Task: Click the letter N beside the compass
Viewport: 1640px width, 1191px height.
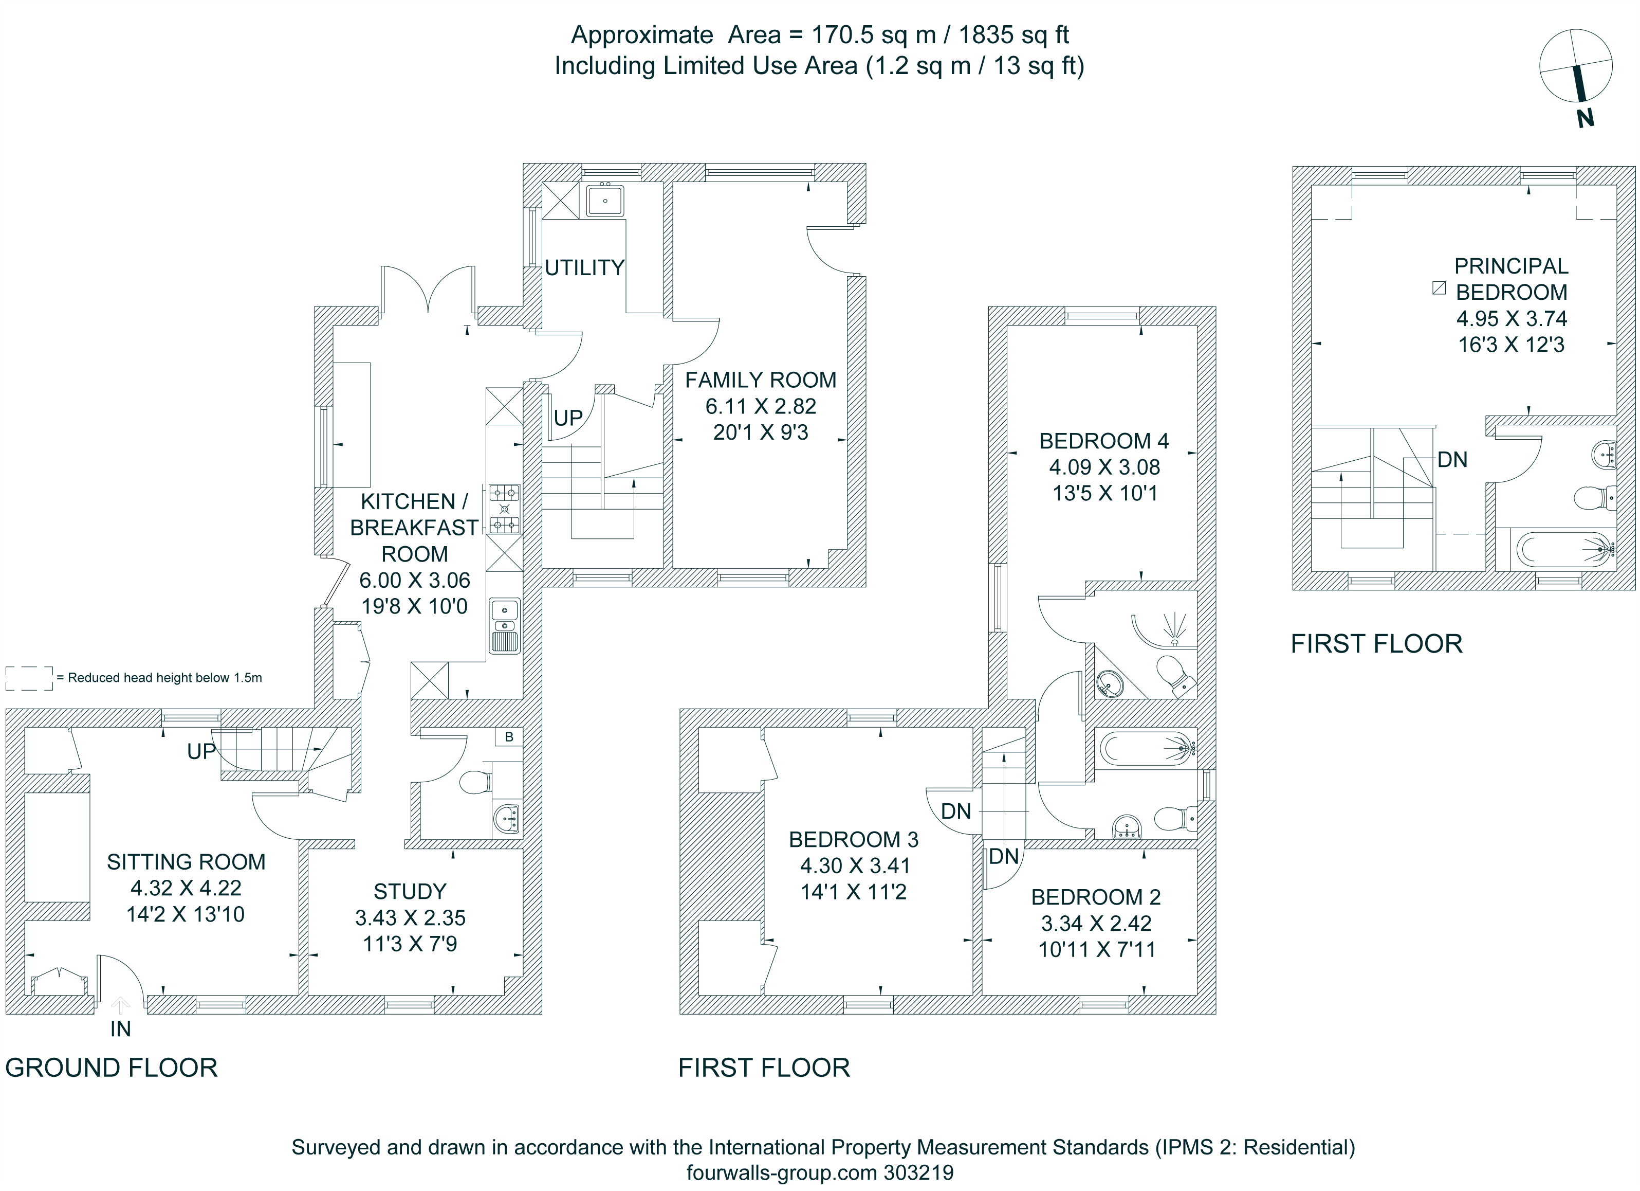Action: pos(1585,118)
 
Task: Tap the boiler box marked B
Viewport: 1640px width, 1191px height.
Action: pos(509,736)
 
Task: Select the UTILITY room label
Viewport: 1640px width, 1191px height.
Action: pos(584,268)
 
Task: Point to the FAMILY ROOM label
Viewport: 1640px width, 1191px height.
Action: pos(760,380)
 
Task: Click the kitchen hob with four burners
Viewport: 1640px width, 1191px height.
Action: pos(504,509)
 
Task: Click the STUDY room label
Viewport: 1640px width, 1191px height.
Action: pos(410,891)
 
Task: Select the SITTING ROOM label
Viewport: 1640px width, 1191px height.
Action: pos(186,862)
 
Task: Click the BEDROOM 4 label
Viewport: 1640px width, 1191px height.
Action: pos(1103,441)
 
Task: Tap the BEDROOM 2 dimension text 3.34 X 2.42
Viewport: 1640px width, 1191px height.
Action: pos(1096,923)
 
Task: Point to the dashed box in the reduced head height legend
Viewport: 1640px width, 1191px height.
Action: pos(29,678)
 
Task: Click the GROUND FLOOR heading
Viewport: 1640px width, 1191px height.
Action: pos(112,1068)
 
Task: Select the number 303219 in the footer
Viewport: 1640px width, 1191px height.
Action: pos(918,1172)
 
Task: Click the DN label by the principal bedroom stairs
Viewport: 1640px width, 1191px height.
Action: pos(1452,459)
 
